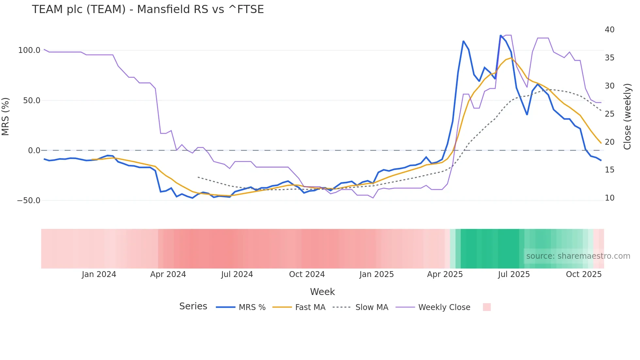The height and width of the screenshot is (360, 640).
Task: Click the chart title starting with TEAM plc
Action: tap(148, 9)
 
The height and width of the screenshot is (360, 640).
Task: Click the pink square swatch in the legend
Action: tap(487, 307)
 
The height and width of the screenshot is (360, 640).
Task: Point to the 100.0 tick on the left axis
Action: tap(29, 50)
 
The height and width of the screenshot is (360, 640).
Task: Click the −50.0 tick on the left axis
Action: tap(28, 201)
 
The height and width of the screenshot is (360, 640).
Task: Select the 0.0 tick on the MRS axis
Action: tap(34, 151)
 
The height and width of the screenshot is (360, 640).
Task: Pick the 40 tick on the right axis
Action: tap(609, 30)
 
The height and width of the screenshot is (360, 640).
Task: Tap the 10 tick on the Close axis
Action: tap(609, 198)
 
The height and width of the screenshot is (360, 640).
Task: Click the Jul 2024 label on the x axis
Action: tap(237, 274)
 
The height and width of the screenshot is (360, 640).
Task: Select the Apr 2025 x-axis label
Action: tap(445, 274)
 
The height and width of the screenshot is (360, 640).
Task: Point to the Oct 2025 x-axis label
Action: tap(584, 274)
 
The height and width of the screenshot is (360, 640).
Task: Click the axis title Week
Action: tap(322, 292)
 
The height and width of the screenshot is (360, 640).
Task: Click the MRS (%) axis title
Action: tap(6, 116)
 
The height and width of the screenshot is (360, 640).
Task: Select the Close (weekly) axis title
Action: tap(627, 116)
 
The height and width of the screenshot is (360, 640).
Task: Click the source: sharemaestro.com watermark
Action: tap(578, 256)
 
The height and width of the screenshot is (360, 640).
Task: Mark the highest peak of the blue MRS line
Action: tap(501, 35)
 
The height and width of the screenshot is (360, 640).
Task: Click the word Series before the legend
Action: tap(193, 306)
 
